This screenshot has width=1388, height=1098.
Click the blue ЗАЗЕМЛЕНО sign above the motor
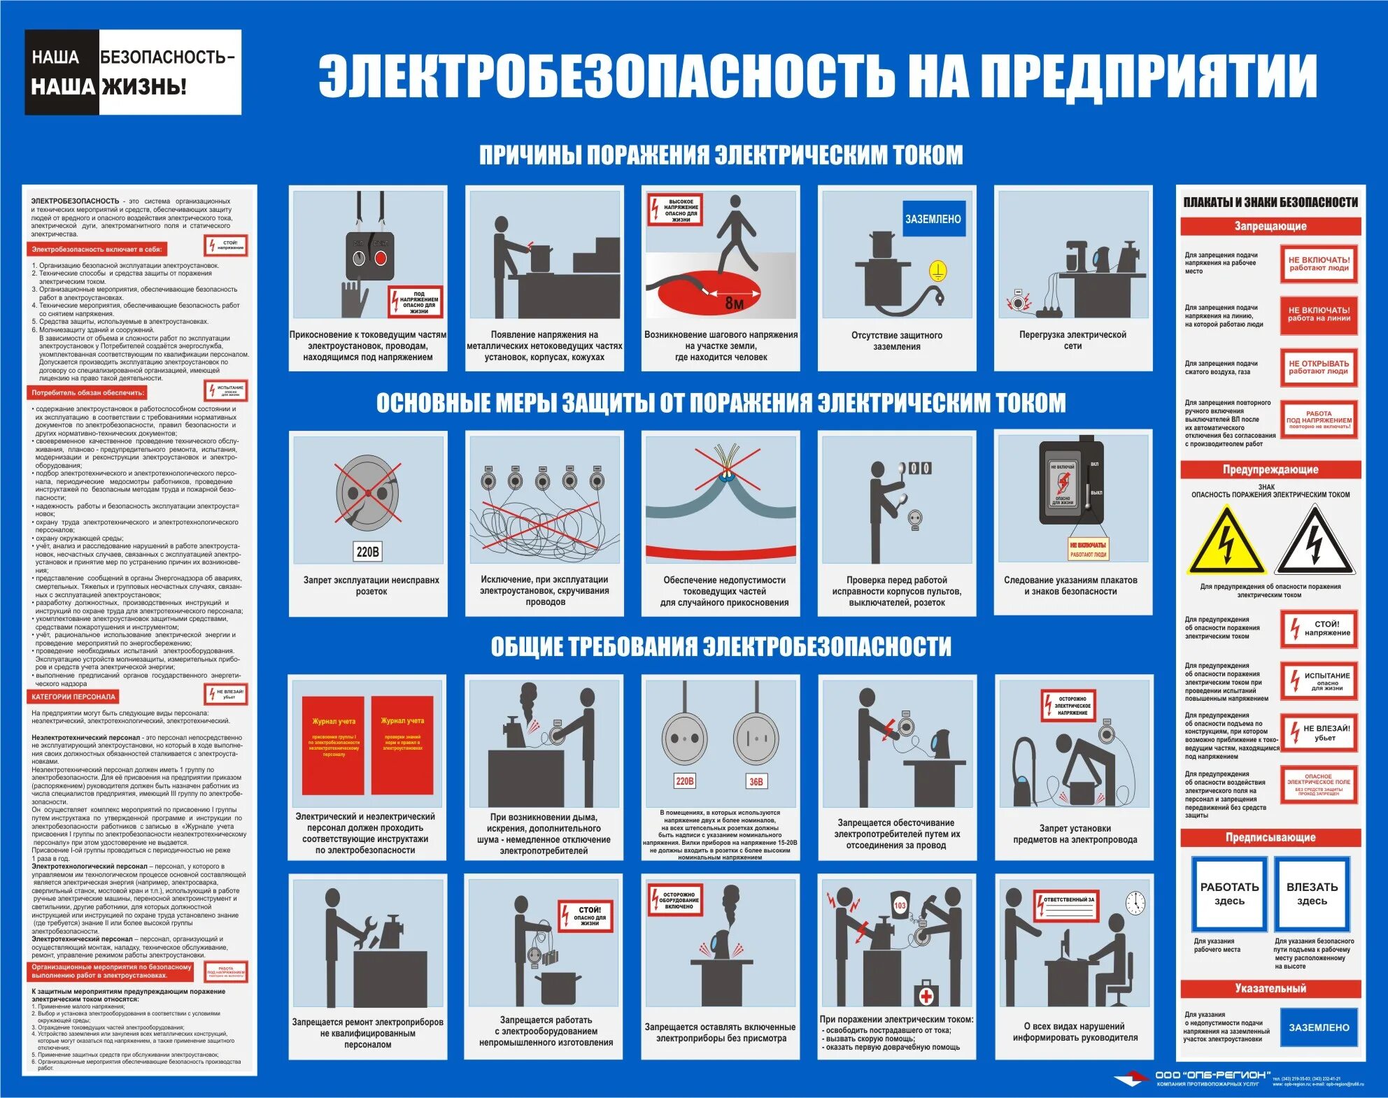click(x=933, y=219)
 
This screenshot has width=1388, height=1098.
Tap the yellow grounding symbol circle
click(x=937, y=271)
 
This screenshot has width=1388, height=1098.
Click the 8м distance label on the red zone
click(x=734, y=303)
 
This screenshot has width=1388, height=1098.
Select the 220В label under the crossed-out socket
click(x=368, y=552)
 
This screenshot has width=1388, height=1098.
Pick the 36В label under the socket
click(x=756, y=781)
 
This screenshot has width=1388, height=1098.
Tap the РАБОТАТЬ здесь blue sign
click(x=1229, y=894)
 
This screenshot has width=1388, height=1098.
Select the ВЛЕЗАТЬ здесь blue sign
click(x=1312, y=894)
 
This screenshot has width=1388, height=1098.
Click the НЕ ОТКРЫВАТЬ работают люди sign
click(x=1319, y=368)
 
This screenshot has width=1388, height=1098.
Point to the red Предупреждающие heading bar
click(x=1270, y=470)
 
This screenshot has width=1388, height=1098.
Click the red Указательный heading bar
click(x=1270, y=989)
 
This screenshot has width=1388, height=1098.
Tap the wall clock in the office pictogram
click(x=1135, y=904)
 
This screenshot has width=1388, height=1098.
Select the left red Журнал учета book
click(x=334, y=746)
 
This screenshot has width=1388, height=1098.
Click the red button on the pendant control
click(x=381, y=258)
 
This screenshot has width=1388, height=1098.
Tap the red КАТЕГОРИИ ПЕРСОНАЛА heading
click(x=73, y=697)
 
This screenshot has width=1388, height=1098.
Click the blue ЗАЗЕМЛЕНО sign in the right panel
click(x=1319, y=1027)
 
